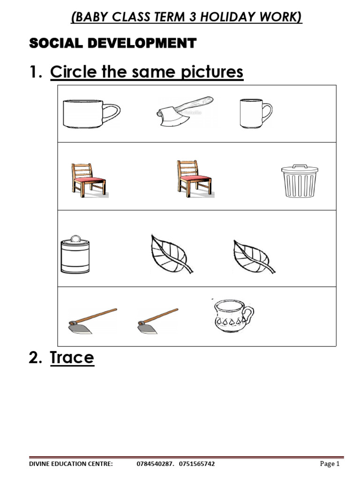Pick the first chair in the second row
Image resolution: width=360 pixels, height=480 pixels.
88,179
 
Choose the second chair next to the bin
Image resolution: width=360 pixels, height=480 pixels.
194,178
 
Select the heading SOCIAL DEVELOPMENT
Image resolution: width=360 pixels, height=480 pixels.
112,44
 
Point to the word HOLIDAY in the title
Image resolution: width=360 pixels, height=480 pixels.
231,17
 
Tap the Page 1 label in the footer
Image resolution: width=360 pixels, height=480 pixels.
330,464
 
